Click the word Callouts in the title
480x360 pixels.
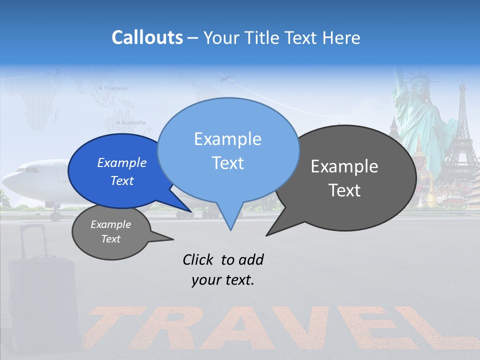coord(147,37)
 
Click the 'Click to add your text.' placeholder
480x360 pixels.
coord(223,269)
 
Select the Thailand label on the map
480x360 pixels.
coord(114,88)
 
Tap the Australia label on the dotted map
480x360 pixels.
coord(132,122)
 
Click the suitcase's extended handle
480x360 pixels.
coord(32,240)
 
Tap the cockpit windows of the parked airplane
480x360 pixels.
coord(27,169)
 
